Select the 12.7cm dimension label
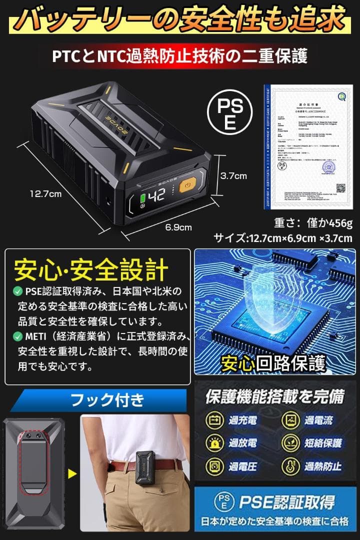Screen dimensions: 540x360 pyautogui.click(x=44, y=193)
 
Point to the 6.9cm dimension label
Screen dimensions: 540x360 pyautogui.click(x=179, y=227)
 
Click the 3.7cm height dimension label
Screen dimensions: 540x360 pyautogui.click(x=234, y=175)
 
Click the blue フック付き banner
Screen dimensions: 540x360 pyautogui.click(x=100, y=400)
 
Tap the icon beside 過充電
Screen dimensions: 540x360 pyautogui.click(x=214, y=420)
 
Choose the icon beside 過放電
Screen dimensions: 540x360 pyautogui.click(x=214, y=443)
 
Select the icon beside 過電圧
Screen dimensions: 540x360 pyautogui.click(x=214, y=466)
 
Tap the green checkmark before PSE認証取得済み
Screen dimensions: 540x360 pyautogui.click(x=17, y=291)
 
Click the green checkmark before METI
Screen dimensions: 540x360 pyautogui.click(x=17, y=335)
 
